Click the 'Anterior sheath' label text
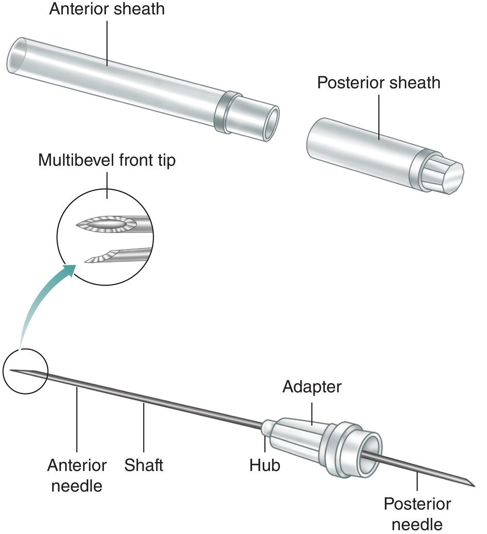[x=107, y=10]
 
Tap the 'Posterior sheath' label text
[x=378, y=82]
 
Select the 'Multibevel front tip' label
[x=107, y=161]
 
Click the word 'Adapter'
[x=311, y=386]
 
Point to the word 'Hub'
[x=265, y=465]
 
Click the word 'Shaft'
[x=144, y=465]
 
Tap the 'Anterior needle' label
[x=77, y=474]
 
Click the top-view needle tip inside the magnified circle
[x=106, y=225]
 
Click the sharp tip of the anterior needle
[x=11, y=370]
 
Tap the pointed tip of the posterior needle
[x=473, y=484]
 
